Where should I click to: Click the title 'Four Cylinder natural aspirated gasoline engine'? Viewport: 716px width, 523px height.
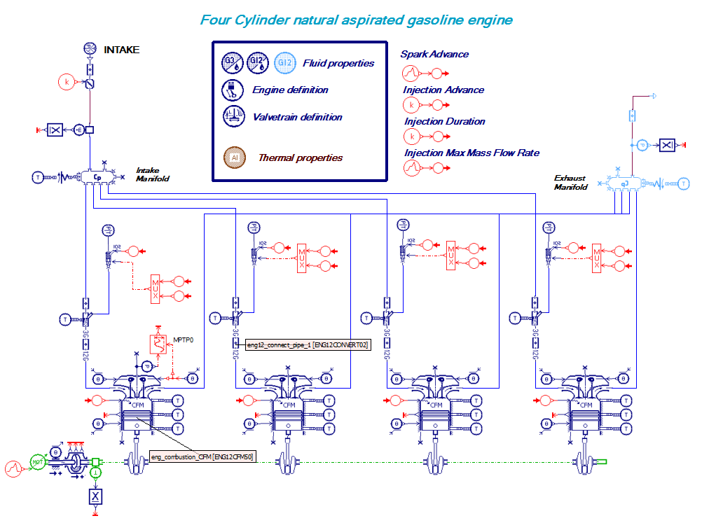[x=356, y=20]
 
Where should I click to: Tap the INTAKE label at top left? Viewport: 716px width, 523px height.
[x=122, y=50]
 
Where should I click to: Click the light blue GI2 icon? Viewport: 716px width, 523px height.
[x=284, y=63]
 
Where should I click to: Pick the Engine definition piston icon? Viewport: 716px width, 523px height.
[x=230, y=90]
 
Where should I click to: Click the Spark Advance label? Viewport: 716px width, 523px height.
[x=434, y=55]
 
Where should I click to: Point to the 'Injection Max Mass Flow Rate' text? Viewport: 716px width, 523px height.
[x=471, y=153]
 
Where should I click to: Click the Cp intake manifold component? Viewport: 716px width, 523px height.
[x=97, y=177]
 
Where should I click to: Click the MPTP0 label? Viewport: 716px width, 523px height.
[x=182, y=341]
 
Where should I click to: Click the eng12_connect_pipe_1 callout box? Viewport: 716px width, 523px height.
[x=308, y=345]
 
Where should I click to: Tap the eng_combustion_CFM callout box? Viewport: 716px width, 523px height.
[x=202, y=457]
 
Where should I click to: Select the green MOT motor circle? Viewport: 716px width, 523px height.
[x=36, y=461]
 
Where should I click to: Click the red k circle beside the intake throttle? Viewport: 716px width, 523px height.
[x=67, y=82]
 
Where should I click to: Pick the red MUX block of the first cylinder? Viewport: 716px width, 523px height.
[x=155, y=288]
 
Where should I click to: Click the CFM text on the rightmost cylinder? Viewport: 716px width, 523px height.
[x=586, y=405]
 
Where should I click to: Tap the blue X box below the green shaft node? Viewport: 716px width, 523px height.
[x=95, y=496]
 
